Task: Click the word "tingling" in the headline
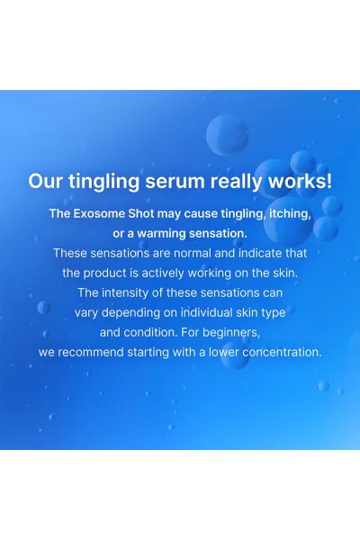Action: click(103, 182)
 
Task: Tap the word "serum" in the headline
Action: click(175, 181)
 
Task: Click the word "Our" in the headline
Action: click(46, 181)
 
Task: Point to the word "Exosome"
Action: click(99, 213)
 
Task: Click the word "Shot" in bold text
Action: click(141, 213)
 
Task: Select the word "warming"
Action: click(161, 234)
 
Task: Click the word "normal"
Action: click(193, 253)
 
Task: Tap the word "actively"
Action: click(163, 274)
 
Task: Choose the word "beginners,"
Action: click(231, 333)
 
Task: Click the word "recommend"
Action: click(91, 352)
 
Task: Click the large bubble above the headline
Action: click(228, 135)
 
